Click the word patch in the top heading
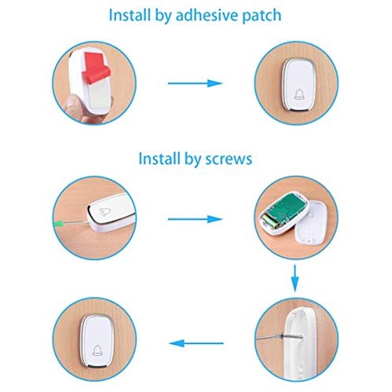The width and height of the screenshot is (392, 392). [262, 16]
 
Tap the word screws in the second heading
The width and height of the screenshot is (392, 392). [229, 159]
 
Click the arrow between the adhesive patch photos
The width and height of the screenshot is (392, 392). [195, 83]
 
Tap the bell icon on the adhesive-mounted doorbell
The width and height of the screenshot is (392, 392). [299, 94]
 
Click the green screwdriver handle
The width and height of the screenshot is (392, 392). [59, 224]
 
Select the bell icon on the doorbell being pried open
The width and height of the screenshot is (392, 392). [105, 211]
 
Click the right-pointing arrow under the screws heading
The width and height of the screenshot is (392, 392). [195, 219]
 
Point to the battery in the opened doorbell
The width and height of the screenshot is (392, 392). [269, 222]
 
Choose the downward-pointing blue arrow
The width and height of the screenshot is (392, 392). [295, 278]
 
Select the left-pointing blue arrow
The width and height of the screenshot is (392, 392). [196, 343]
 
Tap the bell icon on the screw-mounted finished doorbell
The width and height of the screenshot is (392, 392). [97, 350]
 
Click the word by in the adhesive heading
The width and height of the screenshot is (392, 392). [163, 16]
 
